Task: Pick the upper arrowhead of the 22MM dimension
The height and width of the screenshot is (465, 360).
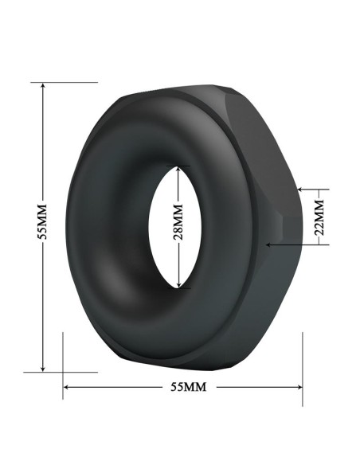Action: pos(301,190)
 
